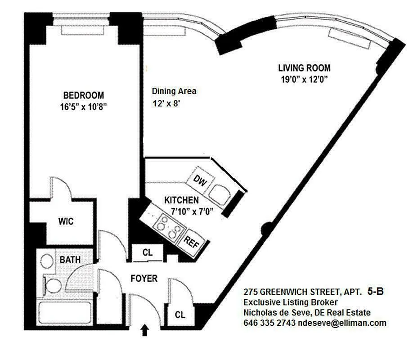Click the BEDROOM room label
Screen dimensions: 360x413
[x=84, y=95]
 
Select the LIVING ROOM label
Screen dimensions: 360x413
[x=304, y=68]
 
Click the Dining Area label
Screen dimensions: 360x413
[x=174, y=91]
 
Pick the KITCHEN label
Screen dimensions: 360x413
[x=181, y=200]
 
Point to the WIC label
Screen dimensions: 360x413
[x=66, y=222]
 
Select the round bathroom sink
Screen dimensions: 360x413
[x=47, y=261]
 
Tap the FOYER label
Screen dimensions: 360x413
[x=144, y=279]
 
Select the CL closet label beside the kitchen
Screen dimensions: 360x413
[x=147, y=252]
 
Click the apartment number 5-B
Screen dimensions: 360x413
[x=375, y=292]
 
